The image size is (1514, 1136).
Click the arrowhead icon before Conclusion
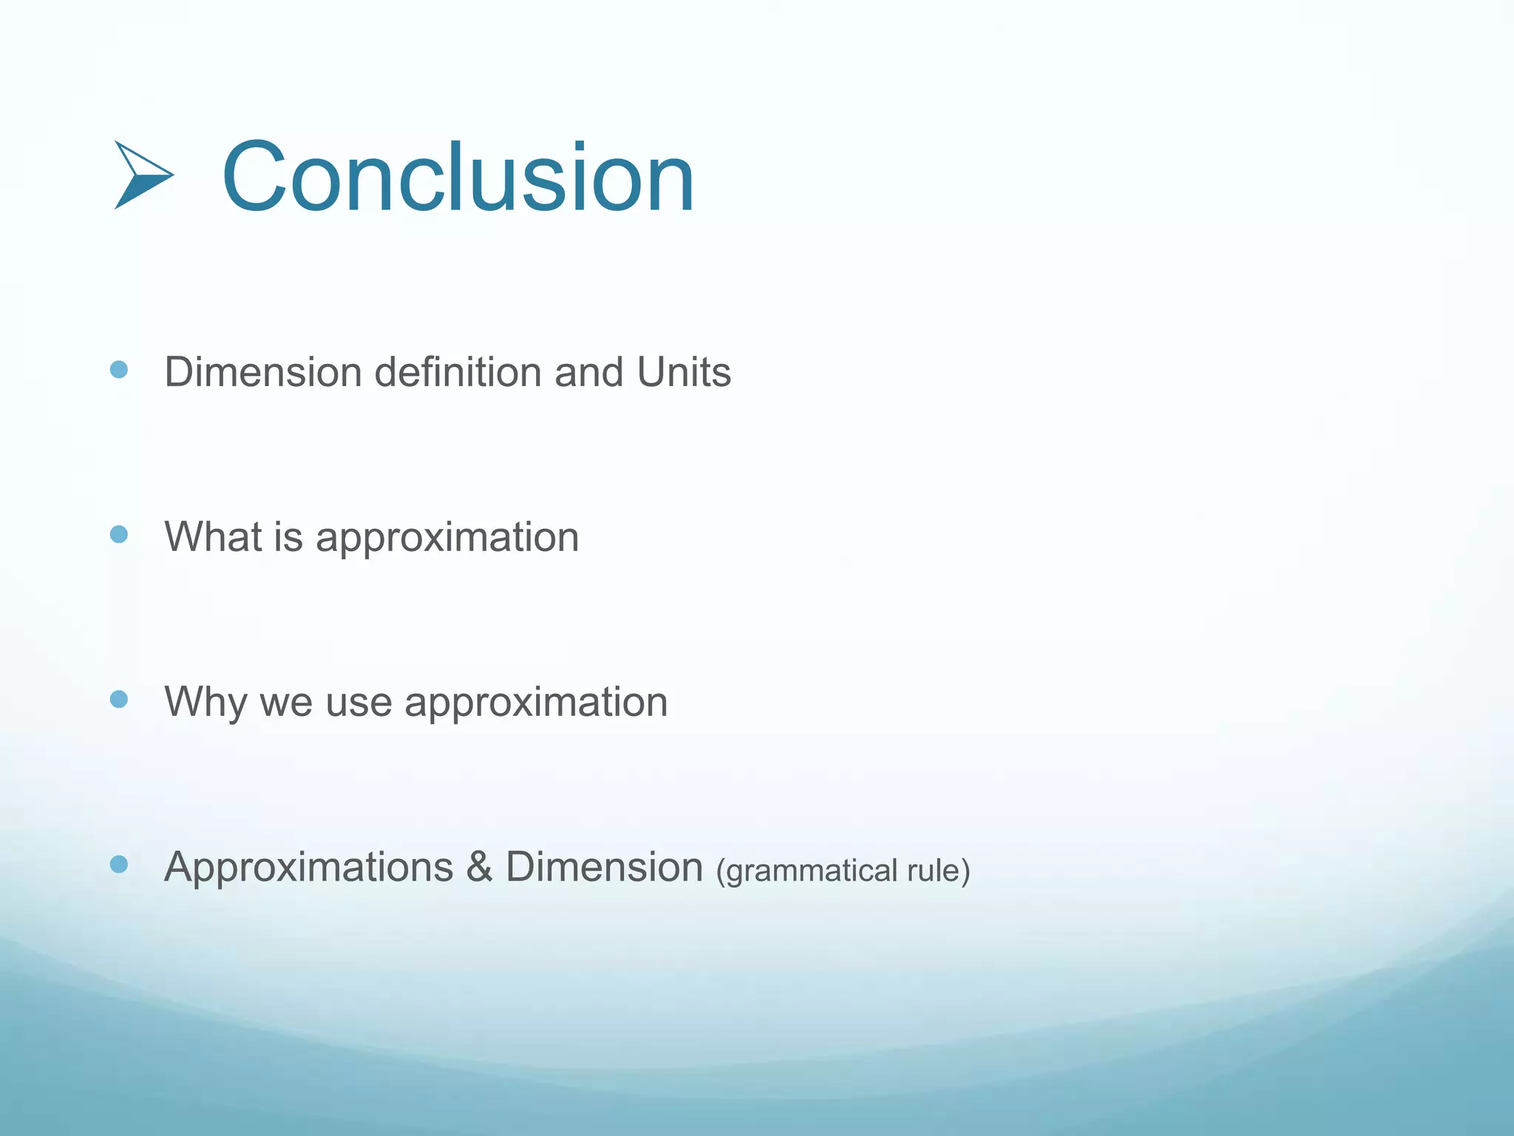[143, 175]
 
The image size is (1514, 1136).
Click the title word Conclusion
[458, 177]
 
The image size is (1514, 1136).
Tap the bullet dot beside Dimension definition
[118, 369]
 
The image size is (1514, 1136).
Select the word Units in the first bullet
[684, 372]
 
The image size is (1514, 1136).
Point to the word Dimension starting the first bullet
[262, 372]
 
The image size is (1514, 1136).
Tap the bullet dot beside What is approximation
[118, 534]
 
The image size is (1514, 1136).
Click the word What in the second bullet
[212, 536]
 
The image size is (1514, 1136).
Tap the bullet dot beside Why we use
[118, 699]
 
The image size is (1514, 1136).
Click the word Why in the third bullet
[206, 703]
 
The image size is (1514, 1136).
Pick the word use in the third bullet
[359, 703]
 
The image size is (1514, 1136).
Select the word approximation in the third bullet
[536, 703]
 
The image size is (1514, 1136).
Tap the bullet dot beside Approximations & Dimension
[118, 864]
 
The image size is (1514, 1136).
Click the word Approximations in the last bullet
[308, 867]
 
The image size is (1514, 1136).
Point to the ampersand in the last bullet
[479, 867]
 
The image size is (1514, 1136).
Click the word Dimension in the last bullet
[604, 867]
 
